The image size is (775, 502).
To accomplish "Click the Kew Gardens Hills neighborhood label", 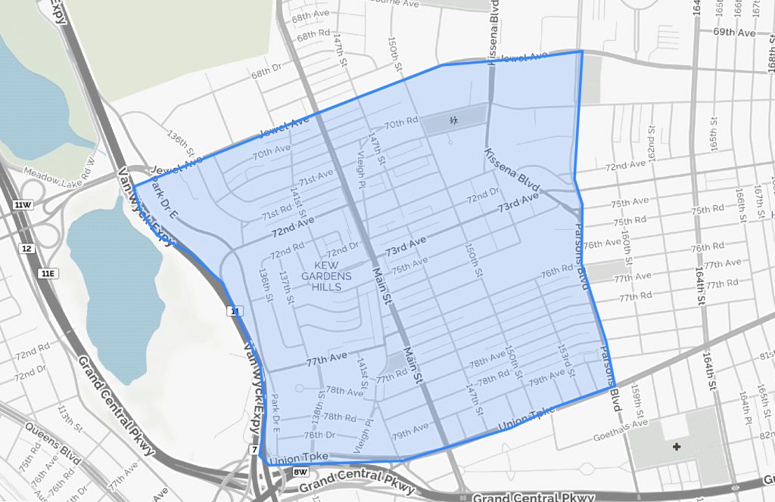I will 326,276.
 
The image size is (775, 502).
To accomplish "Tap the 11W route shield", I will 23,205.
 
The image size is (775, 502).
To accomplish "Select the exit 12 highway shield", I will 27,249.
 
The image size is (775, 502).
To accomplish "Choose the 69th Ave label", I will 734,33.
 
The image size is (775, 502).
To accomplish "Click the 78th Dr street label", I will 319,435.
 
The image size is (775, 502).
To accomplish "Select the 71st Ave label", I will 316,179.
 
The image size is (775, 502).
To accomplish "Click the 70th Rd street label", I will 401,122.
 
